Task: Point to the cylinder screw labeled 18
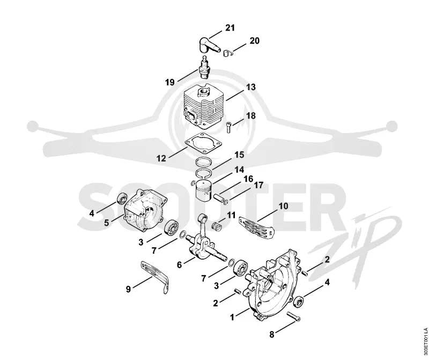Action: [x=229, y=128]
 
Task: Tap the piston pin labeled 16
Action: [x=220, y=197]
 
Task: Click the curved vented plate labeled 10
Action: [x=257, y=226]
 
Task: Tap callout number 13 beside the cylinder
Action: [x=250, y=87]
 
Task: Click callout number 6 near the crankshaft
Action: [x=179, y=265]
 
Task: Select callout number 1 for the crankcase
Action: [x=232, y=317]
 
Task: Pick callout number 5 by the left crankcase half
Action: [x=106, y=223]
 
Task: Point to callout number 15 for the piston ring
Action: [x=239, y=155]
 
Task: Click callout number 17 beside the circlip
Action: [x=258, y=185]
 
